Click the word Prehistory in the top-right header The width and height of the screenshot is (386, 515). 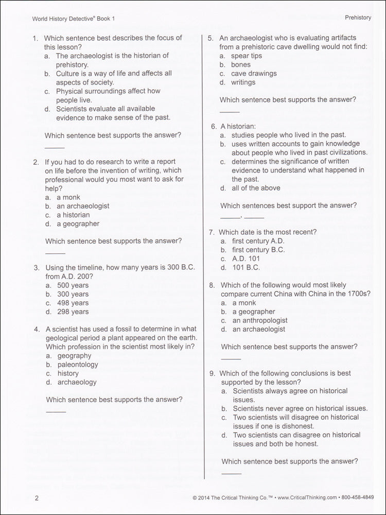[x=358, y=18]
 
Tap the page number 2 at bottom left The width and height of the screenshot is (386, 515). [x=37, y=497]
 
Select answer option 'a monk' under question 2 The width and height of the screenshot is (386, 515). [x=68, y=197]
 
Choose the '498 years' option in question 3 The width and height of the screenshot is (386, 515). [x=73, y=303]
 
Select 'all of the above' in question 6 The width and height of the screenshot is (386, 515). [x=256, y=188]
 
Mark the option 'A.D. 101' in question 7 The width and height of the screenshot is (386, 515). [x=246, y=259]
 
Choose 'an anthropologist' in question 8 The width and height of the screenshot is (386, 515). [x=260, y=320]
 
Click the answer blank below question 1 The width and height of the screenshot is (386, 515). [x=55, y=148]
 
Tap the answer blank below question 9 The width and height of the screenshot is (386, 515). [x=231, y=473]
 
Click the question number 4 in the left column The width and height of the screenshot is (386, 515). [x=37, y=329]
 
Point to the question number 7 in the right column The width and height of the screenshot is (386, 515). [x=212, y=232]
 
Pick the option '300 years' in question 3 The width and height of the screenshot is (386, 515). [x=73, y=294]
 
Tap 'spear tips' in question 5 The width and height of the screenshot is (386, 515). [x=247, y=56]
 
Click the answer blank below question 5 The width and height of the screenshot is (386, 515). [x=230, y=112]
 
